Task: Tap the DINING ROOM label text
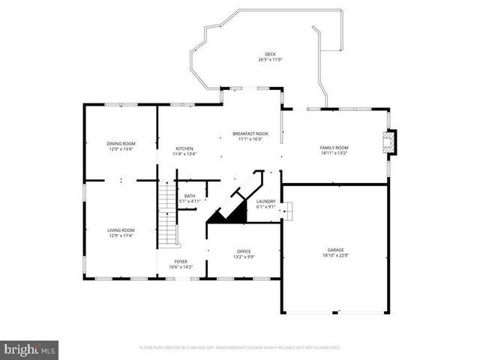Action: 121,143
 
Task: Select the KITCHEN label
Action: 185,148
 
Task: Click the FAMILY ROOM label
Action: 334,148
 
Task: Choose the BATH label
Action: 190,196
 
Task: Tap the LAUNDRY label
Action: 265,201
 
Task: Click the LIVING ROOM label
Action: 121,230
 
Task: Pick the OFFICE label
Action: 244,251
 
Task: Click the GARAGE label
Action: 334,250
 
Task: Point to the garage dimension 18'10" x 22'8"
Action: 334,256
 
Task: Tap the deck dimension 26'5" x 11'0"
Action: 270,61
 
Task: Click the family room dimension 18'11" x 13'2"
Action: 334,153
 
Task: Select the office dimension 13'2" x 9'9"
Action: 244,256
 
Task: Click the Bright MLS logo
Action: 29,349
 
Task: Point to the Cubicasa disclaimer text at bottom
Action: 240,348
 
